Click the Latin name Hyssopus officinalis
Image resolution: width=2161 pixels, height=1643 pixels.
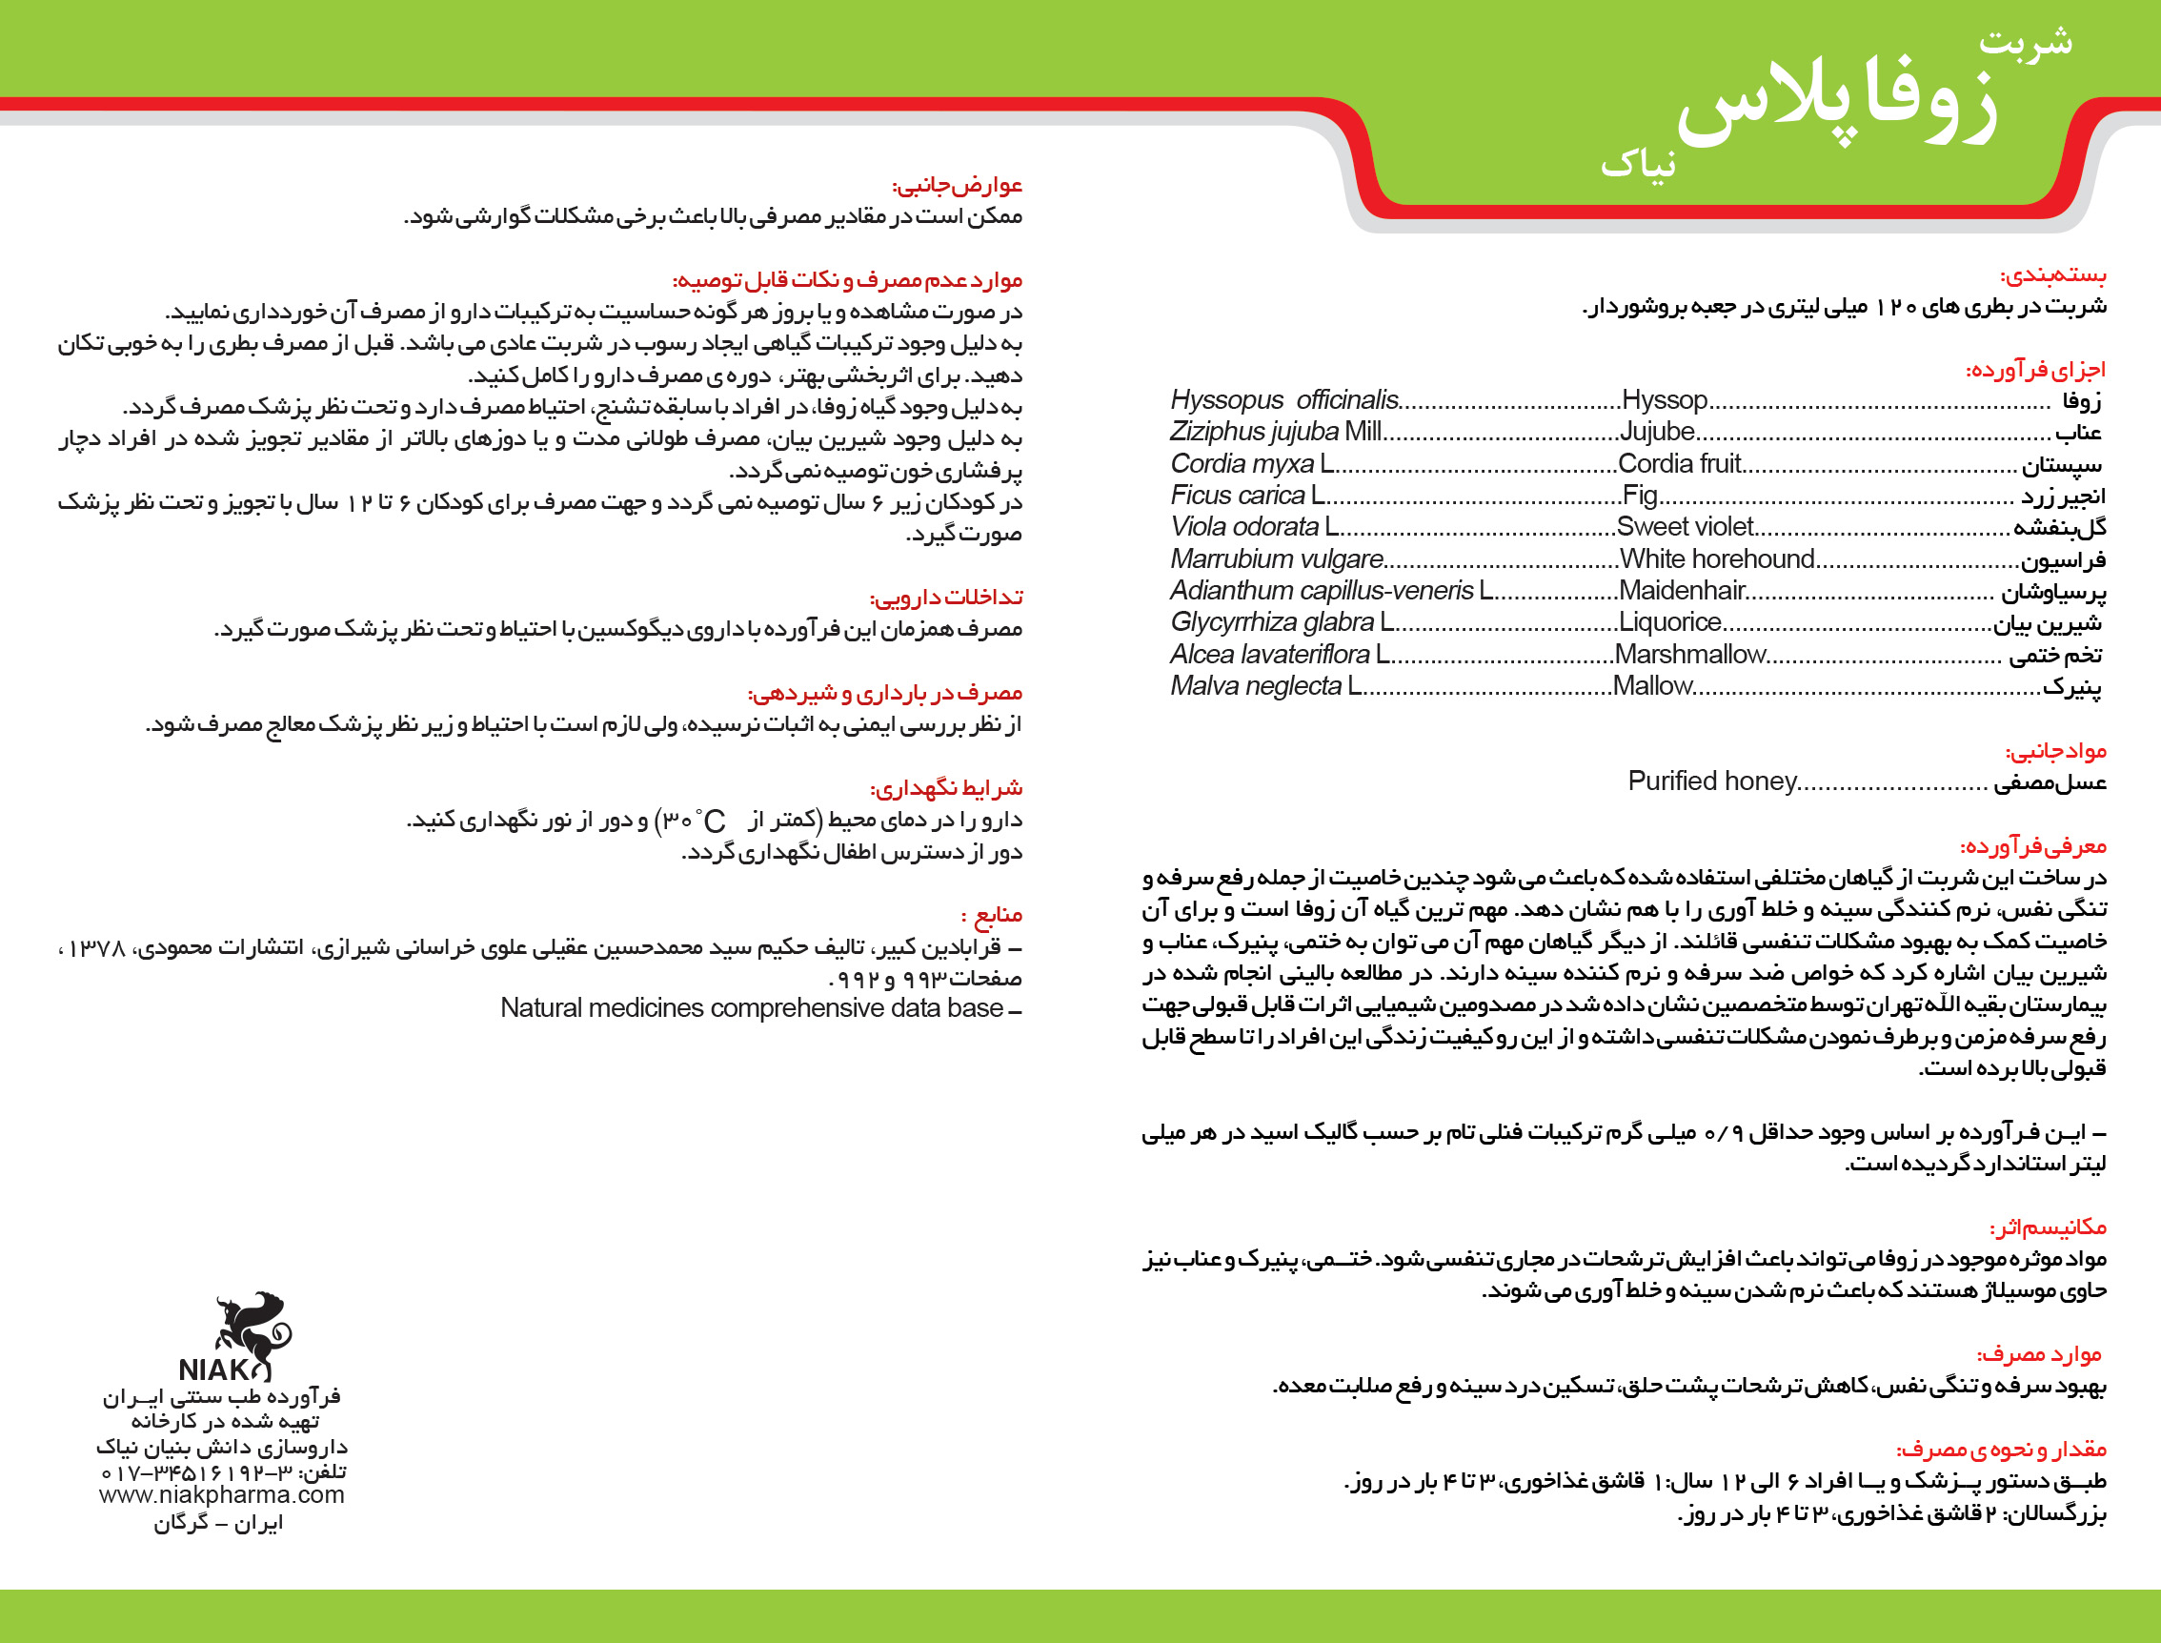click(1283, 400)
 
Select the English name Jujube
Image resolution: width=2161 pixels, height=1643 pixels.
click(1657, 432)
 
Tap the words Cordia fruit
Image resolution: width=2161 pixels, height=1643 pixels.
click(1679, 463)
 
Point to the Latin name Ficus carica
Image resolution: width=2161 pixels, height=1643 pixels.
click(1238, 495)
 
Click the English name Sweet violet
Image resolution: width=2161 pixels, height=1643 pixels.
click(1684, 527)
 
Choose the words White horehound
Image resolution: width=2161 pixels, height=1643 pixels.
click(1716, 558)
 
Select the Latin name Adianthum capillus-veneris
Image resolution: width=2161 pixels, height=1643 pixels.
click(1321, 591)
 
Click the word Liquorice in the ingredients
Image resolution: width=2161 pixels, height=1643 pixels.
click(1669, 622)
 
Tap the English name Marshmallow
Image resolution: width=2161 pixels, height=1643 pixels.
click(1688, 655)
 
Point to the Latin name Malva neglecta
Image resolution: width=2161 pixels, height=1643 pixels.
click(1256, 685)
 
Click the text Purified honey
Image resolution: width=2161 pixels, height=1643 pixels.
click(1712, 781)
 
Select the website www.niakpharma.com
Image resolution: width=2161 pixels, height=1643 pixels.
click(222, 1494)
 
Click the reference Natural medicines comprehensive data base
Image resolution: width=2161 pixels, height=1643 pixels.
click(752, 1008)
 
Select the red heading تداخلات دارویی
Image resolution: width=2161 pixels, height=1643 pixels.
click(945, 598)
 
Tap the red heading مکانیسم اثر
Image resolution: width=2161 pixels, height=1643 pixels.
click(2048, 1227)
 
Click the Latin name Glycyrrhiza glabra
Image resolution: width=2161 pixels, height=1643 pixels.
click(1272, 622)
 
